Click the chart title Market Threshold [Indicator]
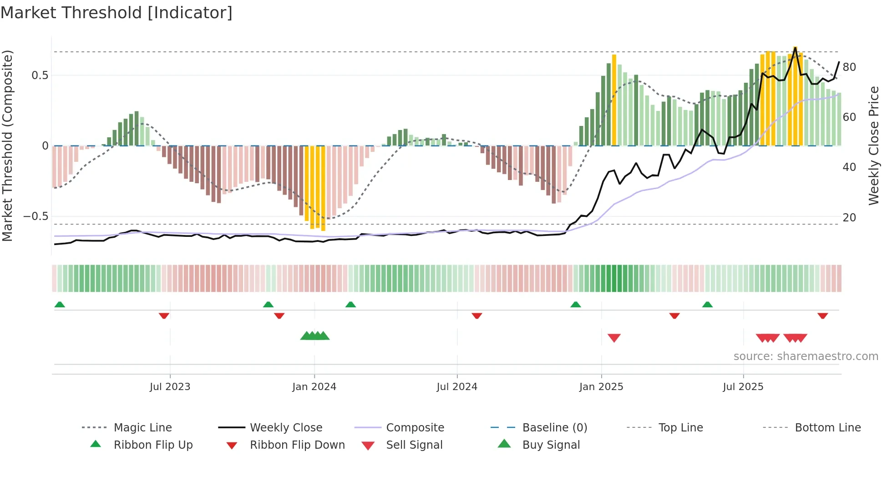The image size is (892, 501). pos(117,13)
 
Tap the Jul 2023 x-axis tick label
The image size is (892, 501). pos(170,387)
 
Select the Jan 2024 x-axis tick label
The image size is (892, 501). pos(314,387)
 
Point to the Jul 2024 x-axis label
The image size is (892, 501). pos(457,387)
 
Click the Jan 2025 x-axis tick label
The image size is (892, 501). pos(601,387)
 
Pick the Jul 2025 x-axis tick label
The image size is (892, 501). pos(743,387)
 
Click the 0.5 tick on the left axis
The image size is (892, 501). pos(40,75)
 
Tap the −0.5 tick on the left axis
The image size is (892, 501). pos(36,216)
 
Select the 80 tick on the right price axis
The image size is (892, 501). pos(849,67)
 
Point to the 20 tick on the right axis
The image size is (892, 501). pos(849,218)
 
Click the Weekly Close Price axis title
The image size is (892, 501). pos(873,145)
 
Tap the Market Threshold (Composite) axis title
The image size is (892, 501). pos(8,145)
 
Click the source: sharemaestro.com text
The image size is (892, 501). pos(806,356)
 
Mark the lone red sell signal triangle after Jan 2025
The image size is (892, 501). pos(614,338)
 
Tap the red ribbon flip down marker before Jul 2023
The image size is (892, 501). pos(164,316)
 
